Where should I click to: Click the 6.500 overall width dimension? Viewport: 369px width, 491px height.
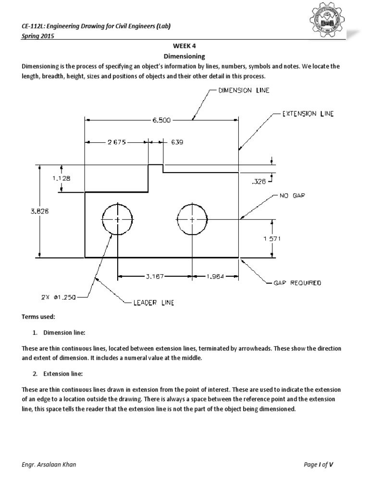click(161, 120)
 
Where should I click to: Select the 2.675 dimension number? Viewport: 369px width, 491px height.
click(116, 142)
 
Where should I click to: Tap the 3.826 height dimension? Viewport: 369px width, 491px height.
click(40, 210)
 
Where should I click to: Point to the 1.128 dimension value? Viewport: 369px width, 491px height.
click(61, 178)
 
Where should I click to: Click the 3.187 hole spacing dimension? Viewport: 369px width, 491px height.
click(155, 276)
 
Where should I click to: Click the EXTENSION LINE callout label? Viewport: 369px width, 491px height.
click(306, 114)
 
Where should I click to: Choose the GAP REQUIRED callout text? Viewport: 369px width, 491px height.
click(297, 283)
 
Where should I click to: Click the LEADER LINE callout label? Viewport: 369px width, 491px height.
click(153, 303)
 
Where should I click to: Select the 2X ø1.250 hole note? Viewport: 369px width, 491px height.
click(59, 297)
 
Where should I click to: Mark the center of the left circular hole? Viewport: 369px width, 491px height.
click(117, 220)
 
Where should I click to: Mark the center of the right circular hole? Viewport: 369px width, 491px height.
click(192, 220)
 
